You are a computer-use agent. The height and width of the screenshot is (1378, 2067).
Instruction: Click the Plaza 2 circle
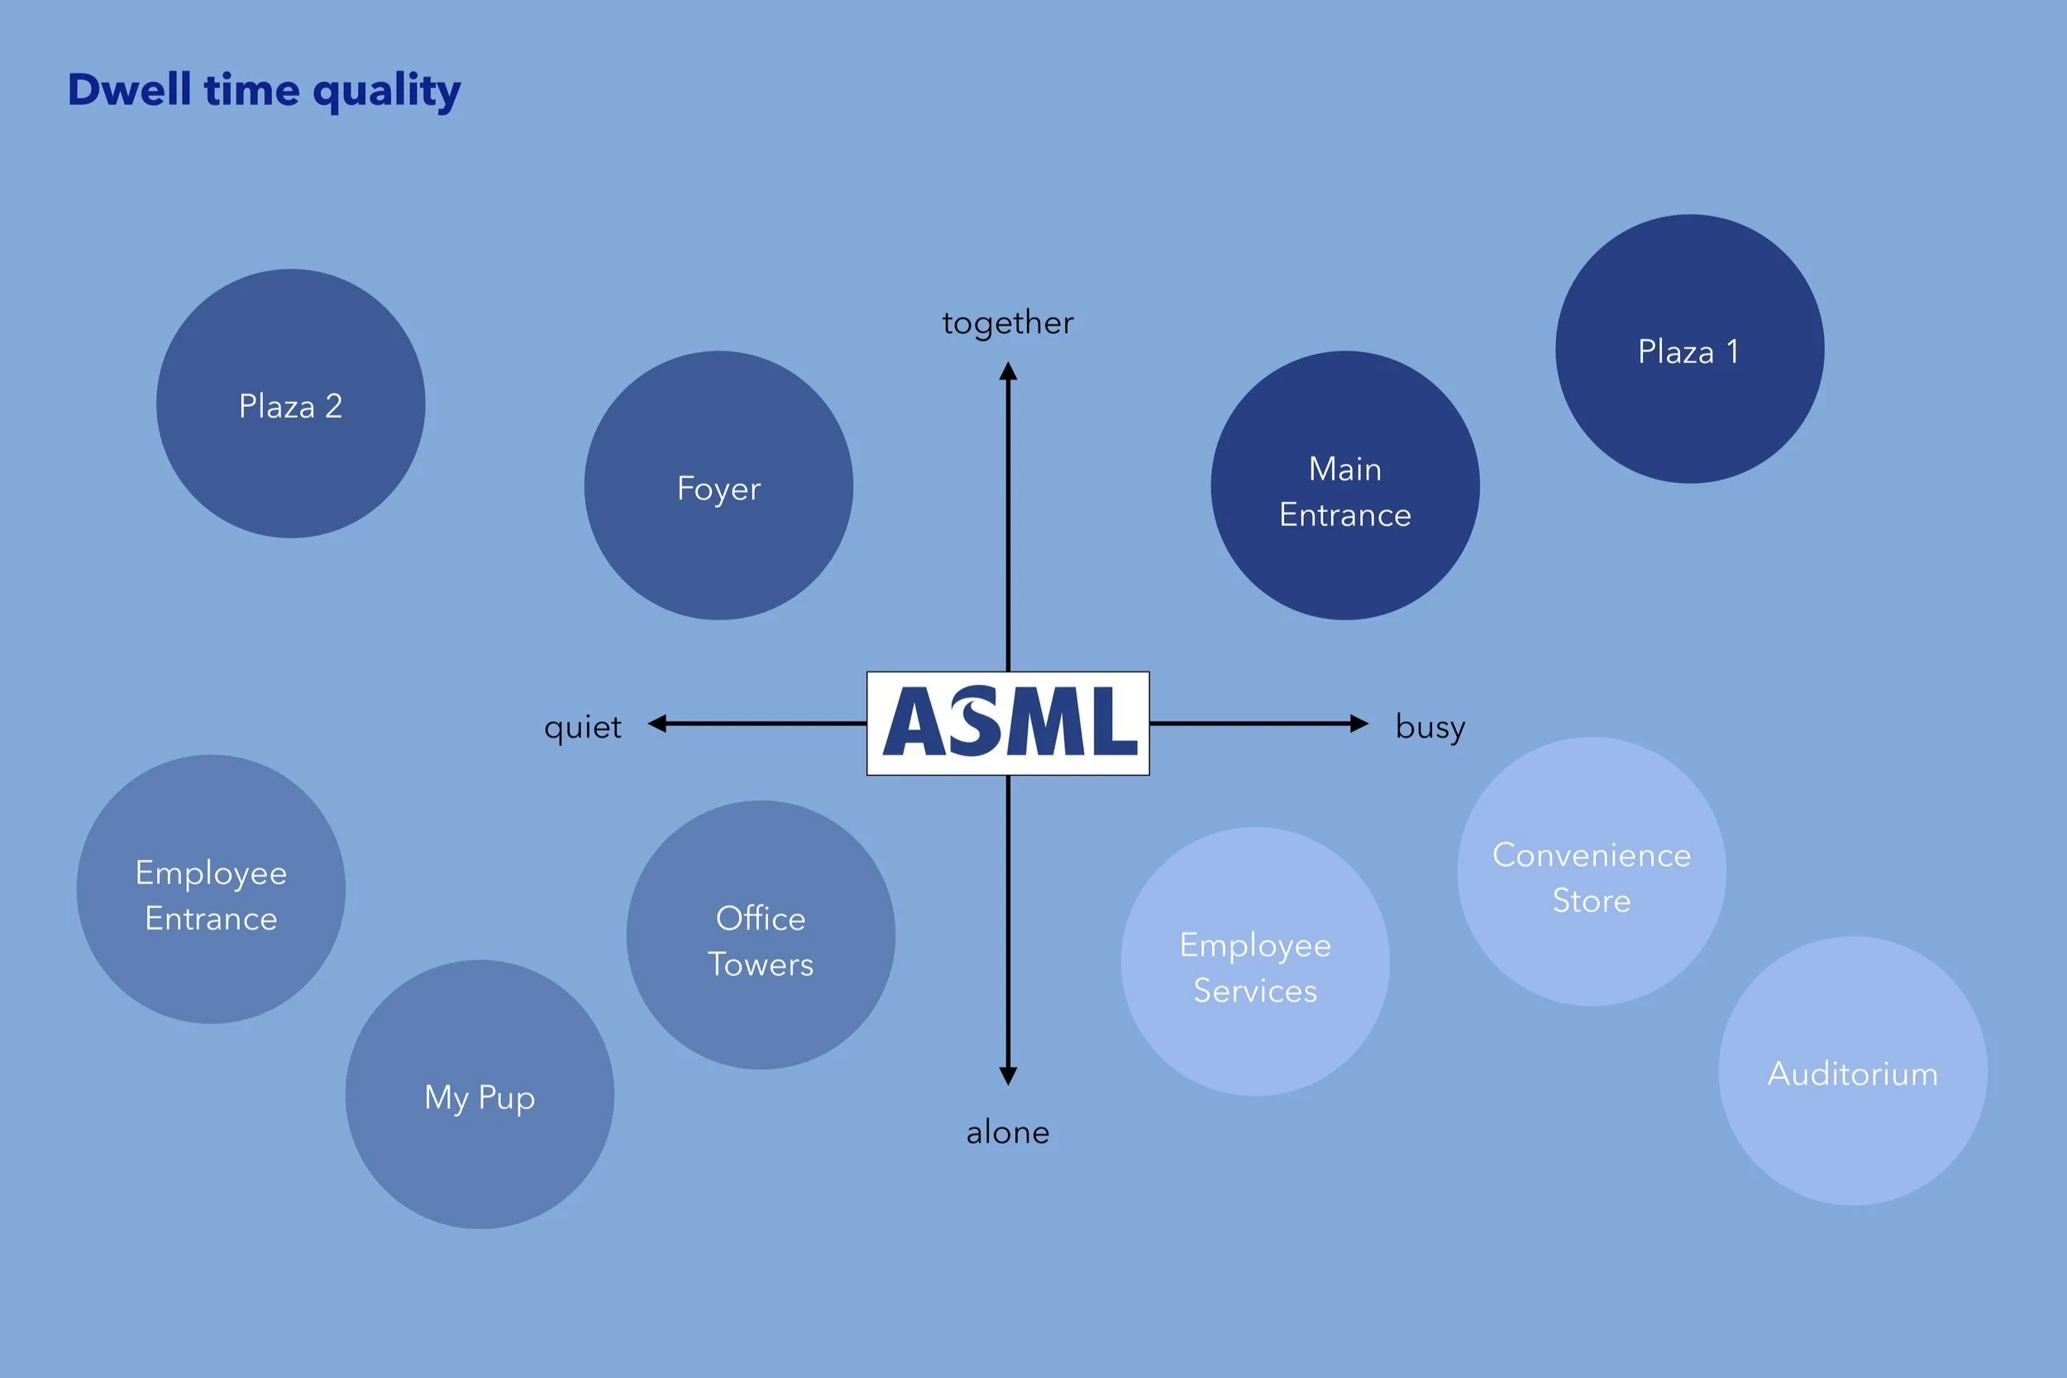pos(291,404)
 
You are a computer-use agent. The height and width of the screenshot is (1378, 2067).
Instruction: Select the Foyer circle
pos(718,485)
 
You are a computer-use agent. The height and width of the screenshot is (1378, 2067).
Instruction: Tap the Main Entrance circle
pos(1345,485)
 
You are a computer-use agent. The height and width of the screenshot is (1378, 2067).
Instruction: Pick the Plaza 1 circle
pos(1689,349)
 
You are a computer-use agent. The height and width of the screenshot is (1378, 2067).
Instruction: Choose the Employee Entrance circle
pos(211,888)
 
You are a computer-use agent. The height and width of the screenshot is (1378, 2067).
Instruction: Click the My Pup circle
pos(480,1094)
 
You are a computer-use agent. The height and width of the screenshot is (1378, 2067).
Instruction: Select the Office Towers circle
pos(761,935)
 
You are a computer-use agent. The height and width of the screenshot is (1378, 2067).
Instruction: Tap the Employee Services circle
pos(1255,961)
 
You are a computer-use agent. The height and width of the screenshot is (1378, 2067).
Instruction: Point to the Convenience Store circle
pos(1592,871)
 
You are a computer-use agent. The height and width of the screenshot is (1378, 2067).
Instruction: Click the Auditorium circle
pos(1853,1070)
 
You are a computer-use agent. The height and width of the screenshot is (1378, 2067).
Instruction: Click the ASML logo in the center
pos(1008,723)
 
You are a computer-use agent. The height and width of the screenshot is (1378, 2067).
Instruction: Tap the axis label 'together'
pos(1008,323)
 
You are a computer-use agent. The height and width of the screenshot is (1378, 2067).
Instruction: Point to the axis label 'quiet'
pos(582,728)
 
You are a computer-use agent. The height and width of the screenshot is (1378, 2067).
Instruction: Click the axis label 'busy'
pos(1430,728)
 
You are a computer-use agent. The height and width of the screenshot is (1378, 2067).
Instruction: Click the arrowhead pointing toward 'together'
pos(1009,371)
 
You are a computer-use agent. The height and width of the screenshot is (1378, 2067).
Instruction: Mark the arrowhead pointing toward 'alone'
pos(1009,1075)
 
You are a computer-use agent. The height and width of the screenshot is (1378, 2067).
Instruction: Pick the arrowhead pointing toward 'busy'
pos(1359,723)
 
